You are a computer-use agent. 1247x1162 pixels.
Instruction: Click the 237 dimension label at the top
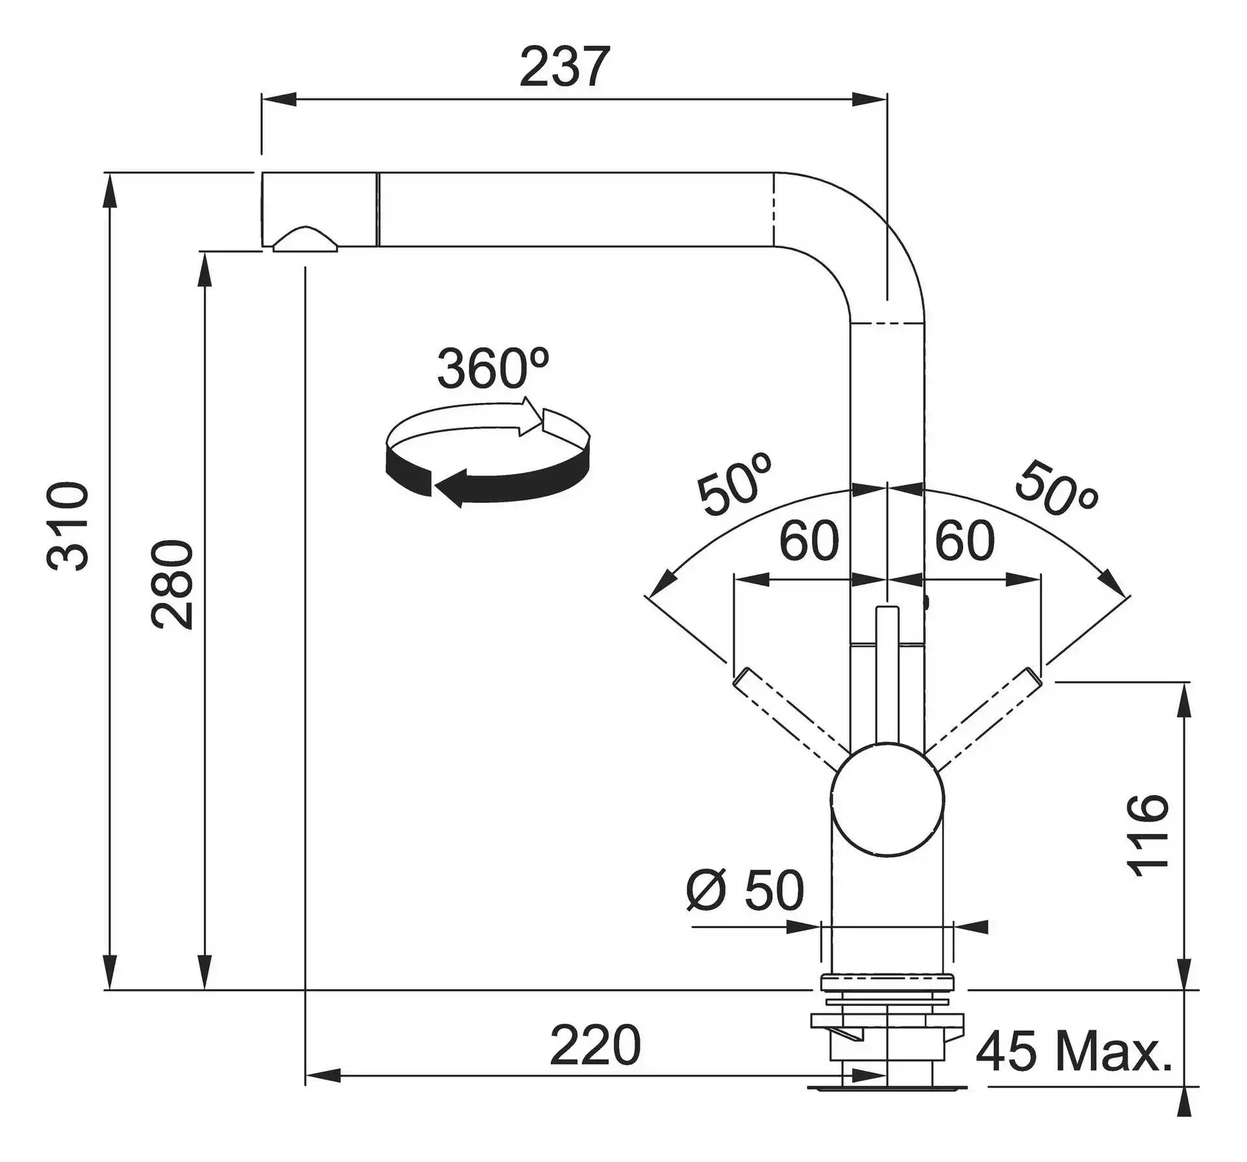pos(564,66)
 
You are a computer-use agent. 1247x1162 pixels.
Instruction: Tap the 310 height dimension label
pos(68,526)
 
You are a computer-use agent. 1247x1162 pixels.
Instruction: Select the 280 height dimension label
pos(171,584)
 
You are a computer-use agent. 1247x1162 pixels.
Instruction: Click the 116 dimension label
pos(1147,835)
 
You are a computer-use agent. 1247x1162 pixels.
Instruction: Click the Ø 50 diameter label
pos(745,890)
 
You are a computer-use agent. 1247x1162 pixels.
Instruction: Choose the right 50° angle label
pos(1056,489)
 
